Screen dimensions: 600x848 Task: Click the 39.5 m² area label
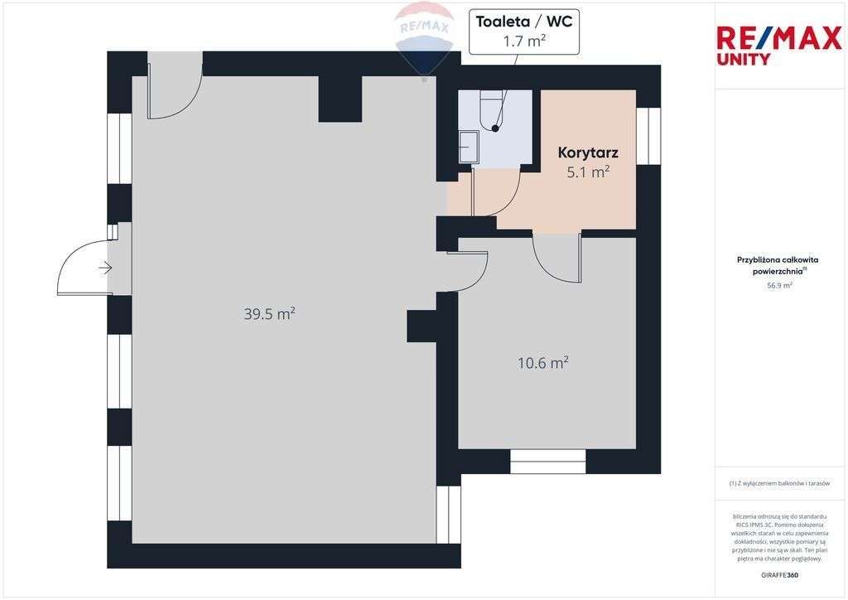(x=269, y=314)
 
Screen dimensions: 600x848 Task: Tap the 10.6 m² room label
(x=542, y=363)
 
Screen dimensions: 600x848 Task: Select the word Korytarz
(x=588, y=152)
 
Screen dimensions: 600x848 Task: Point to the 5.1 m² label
(x=588, y=172)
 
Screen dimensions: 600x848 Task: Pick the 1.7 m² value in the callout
(x=524, y=41)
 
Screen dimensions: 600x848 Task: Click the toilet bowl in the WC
(x=494, y=112)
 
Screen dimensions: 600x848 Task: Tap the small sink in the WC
(x=469, y=147)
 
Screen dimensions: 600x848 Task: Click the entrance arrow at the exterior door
(x=105, y=268)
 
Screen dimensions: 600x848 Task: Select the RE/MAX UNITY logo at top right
(x=778, y=45)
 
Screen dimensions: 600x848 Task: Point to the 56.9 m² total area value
(x=778, y=285)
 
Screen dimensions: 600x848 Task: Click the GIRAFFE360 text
(x=779, y=574)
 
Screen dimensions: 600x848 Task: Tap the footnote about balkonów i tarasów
(x=779, y=483)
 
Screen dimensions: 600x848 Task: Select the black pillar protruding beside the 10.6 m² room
(x=422, y=326)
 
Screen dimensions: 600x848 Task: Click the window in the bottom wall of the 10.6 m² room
(x=547, y=461)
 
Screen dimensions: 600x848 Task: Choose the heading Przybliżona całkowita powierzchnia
(x=778, y=265)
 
